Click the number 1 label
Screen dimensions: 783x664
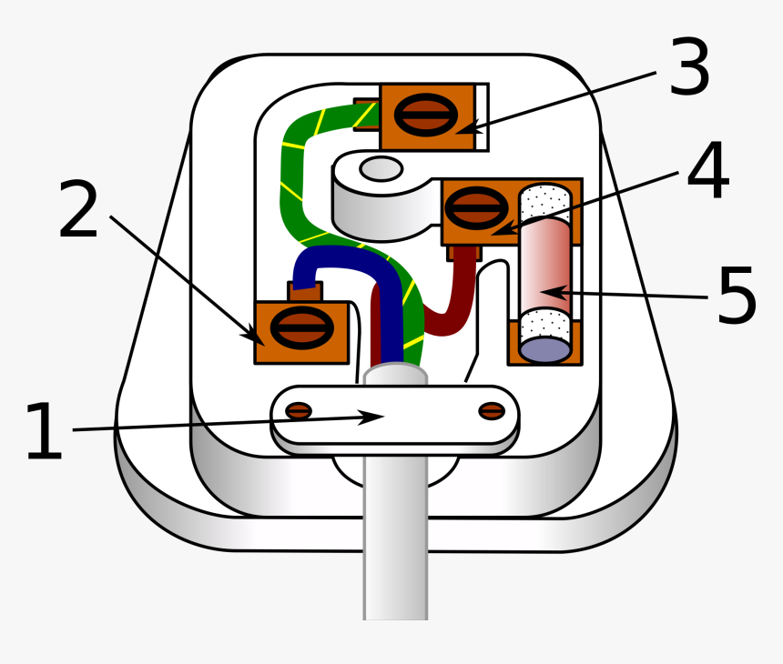44,431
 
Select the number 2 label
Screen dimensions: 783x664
78,208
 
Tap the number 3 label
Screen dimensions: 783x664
689,65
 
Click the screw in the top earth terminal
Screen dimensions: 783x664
426,115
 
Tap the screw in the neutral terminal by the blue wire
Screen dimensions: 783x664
302,327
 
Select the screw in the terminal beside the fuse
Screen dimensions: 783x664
476,208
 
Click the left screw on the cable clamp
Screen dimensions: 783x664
299,411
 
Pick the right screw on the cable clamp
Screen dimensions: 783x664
492,411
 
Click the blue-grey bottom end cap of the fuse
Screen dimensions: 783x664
544,348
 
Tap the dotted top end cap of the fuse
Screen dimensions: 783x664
544,203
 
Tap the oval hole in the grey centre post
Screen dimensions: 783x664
381,168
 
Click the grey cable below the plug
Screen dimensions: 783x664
395,538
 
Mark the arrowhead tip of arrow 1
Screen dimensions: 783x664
384,416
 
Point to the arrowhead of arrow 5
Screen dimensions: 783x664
546,292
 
